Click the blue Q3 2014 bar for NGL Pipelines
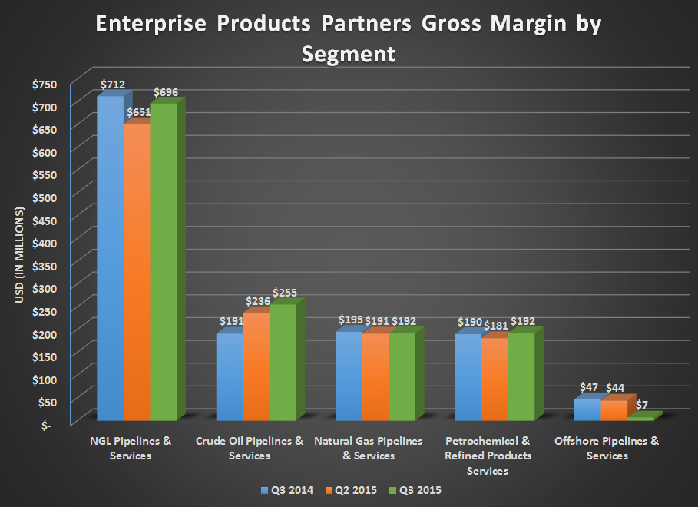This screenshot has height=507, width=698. coord(109,257)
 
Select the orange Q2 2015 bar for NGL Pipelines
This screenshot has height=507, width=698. coord(136,273)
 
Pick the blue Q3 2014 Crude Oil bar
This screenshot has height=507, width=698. coord(229,376)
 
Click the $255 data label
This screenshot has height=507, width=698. coord(284,293)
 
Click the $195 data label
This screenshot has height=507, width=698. coord(351,320)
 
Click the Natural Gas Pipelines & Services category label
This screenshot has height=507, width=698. coord(369,449)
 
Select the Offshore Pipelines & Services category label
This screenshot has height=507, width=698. coord(607,449)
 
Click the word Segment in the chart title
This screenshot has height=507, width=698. coord(349,54)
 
